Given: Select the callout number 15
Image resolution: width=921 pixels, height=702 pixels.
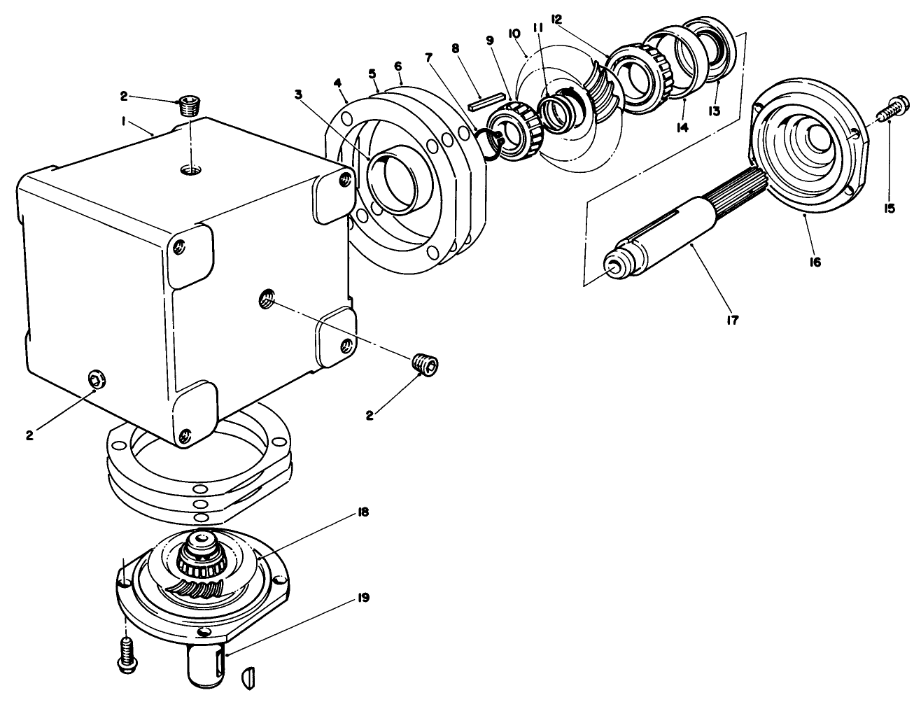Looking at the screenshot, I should pyautogui.click(x=890, y=208).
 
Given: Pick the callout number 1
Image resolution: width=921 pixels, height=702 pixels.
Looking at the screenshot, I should pyautogui.click(x=123, y=121).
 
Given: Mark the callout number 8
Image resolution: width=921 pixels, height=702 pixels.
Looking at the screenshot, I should pyautogui.click(x=456, y=48).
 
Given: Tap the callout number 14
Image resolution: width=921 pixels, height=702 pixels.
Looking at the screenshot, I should pyautogui.click(x=681, y=128).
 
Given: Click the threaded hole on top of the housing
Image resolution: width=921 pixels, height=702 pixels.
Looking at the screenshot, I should pyautogui.click(x=190, y=169).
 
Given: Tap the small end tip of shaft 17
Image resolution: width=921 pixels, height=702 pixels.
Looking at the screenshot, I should pyautogui.click(x=614, y=266).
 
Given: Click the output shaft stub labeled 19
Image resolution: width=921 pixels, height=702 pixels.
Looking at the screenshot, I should pyautogui.click(x=206, y=665).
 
